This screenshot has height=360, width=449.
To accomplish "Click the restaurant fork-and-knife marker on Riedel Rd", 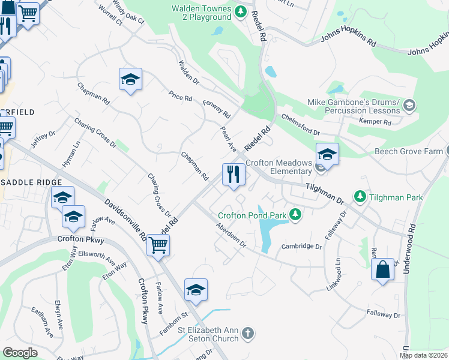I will [233, 175].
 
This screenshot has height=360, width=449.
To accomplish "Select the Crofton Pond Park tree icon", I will [295, 214].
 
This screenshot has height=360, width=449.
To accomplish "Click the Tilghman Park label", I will [396, 197].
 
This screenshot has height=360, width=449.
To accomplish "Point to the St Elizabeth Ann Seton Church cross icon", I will [248, 332].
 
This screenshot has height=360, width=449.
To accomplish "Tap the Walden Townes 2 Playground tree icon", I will [240, 11].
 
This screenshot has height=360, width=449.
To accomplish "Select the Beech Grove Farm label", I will [408, 151].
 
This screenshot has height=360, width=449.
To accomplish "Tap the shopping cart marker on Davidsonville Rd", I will [158, 244].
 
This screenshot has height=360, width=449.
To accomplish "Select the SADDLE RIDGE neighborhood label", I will [31, 182].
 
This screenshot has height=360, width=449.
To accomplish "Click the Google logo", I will [20, 352].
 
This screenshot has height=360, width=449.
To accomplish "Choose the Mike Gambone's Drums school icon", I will [409, 106].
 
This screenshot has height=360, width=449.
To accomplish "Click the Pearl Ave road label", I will [229, 138].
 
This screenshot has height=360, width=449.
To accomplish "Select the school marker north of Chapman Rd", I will [130, 79].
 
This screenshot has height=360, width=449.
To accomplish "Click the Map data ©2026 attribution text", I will [423, 355].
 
